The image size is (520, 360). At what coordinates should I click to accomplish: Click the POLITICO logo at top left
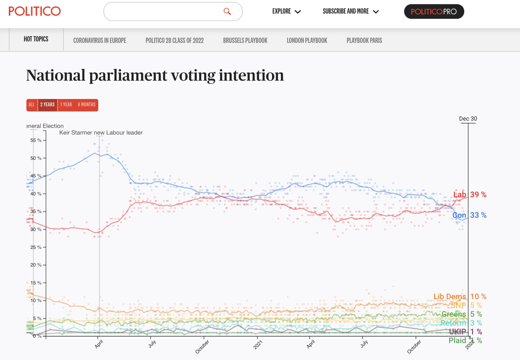pyautogui.click(x=35, y=11)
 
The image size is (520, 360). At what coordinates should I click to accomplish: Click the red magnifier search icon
pyautogui.click(x=227, y=12)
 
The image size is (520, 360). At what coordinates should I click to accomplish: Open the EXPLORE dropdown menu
pyautogui.click(x=286, y=11)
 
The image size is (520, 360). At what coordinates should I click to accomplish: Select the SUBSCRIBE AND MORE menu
pyautogui.click(x=351, y=11)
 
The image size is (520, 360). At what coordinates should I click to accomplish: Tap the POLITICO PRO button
pyautogui.click(x=434, y=12)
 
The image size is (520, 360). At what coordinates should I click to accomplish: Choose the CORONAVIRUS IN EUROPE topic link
pyautogui.click(x=100, y=40)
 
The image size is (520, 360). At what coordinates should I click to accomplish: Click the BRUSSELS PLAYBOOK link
pyautogui.click(x=245, y=40)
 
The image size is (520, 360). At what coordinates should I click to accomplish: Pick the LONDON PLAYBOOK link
pyautogui.click(x=307, y=40)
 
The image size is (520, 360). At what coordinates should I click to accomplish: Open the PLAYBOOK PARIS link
pyautogui.click(x=364, y=40)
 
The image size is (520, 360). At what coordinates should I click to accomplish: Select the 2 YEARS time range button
pyautogui.click(x=47, y=105)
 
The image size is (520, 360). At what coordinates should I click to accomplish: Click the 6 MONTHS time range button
pyautogui.click(x=87, y=105)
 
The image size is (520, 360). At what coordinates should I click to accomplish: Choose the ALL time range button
pyautogui.click(x=32, y=105)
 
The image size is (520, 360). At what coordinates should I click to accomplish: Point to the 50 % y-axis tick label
pyautogui.click(x=36, y=158)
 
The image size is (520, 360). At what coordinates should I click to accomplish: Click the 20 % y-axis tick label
pyautogui.click(x=36, y=265)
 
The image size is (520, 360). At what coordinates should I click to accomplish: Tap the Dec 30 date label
pyautogui.click(x=468, y=119)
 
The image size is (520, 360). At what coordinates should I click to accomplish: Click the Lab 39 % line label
pyautogui.click(x=470, y=195)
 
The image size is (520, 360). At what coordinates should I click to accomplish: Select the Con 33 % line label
pyautogui.click(x=469, y=215)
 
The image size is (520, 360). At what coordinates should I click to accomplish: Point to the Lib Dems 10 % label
pyautogui.click(x=460, y=297)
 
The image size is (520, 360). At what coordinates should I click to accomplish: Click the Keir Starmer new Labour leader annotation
pyautogui.click(x=101, y=133)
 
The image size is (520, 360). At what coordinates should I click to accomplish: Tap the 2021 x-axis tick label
pyautogui.click(x=258, y=345)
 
